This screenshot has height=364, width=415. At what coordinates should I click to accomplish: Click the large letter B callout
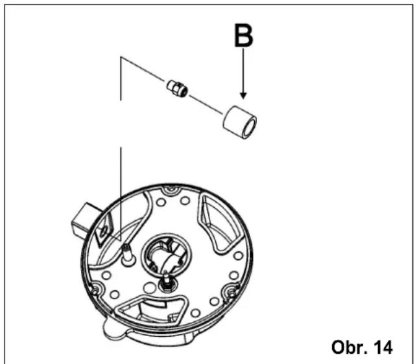[x=244, y=36]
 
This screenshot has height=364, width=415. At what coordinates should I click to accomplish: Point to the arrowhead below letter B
[x=244, y=96]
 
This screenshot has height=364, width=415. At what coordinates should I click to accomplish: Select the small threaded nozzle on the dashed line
[x=177, y=88]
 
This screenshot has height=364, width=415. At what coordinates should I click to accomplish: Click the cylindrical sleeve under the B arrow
[x=239, y=122]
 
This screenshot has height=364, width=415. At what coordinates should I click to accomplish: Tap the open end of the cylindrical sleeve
[x=250, y=127]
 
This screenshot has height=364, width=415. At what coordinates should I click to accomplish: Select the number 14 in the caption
[x=383, y=347]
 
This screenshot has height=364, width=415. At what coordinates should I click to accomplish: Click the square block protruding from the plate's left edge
[x=85, y=219]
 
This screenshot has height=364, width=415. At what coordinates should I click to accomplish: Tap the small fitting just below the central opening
[x=166, y=282]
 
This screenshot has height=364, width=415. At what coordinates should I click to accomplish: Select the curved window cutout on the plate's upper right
[x=220, y=223]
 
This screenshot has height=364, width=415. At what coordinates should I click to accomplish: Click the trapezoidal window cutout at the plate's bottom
[x=151, y=310]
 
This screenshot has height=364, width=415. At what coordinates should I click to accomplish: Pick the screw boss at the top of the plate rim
[x=171, y=189]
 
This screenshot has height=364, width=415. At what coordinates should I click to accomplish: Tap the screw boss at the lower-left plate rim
[x=95, y=291]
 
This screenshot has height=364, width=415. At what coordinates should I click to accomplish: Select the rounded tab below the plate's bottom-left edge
[x=114, y=329]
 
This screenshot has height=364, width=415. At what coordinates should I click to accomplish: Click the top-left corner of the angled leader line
[x=121, y=57]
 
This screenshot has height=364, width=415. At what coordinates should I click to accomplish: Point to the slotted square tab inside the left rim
[x=104, y=230]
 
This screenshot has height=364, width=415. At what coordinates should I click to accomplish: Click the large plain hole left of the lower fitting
[x=149, y=288]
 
